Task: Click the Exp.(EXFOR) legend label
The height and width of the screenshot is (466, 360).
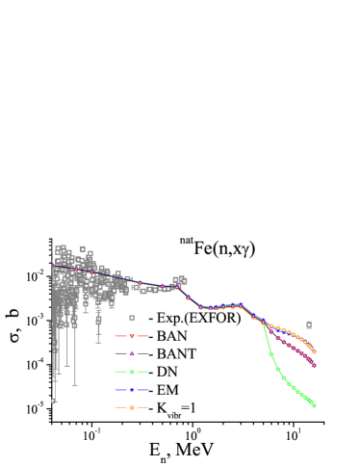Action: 194,318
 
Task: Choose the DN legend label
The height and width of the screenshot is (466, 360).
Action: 166,372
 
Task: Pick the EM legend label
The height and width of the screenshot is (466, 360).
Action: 166,390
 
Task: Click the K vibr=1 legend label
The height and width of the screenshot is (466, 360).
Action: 174,409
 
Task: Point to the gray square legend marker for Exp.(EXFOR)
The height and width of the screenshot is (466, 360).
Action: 132,318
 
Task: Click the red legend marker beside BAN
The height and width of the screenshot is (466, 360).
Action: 132,336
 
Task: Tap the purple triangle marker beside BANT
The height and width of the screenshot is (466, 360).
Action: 132,354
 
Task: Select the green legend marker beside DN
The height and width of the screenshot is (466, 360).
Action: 132,372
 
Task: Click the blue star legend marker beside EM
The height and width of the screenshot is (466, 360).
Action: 132,390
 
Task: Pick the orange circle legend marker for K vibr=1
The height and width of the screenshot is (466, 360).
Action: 132,408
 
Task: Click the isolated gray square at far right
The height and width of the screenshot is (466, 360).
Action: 309,324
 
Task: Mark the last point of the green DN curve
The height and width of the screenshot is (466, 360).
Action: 314,405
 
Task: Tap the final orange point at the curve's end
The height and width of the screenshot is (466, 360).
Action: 314,352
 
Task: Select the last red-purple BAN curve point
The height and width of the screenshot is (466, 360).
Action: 314,366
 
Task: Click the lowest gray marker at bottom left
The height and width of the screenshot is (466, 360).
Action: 54,401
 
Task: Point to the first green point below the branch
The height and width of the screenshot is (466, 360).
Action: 271,352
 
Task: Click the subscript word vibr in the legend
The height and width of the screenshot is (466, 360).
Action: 174,415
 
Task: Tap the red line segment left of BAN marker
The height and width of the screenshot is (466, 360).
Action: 121,336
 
